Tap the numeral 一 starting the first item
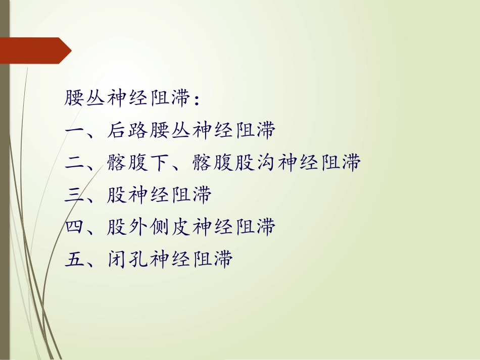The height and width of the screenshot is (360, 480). coord(75,131)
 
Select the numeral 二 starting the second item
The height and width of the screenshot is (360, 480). coord(75,163)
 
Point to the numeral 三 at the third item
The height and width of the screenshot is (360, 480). coord(75,195)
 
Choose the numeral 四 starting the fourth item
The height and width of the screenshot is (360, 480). coord(75,228)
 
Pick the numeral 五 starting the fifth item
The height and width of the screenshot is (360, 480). coord(75,260)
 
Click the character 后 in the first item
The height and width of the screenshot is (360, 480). coord(117,131)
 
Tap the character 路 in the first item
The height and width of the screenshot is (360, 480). coord(138,131)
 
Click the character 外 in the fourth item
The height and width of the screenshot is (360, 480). coord(138,228)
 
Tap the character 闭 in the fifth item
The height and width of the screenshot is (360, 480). coord(117,260)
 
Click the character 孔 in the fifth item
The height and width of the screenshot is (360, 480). coord(138,260)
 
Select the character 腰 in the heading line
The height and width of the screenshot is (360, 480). coord(75,98)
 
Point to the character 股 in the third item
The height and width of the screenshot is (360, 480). coord(117,195)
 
